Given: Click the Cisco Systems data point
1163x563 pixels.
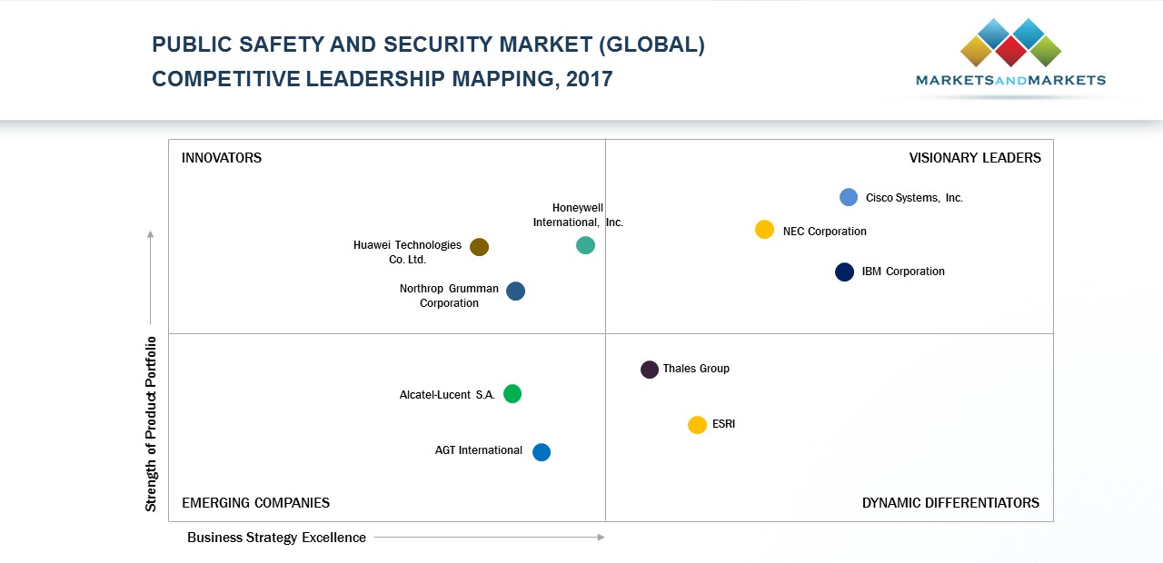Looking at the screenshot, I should coord(849,197).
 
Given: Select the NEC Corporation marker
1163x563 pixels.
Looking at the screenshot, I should coord(765,230).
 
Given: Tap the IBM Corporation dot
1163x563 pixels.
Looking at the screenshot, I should coord(845,272).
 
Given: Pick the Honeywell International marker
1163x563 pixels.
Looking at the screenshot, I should coord(586,245).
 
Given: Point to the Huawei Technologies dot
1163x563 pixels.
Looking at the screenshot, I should coord(480,247).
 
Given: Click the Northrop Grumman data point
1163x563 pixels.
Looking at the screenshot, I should coord(515,291).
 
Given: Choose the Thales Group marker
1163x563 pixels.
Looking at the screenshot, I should coord(650,370).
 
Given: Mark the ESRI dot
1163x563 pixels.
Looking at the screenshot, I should coord(697,425).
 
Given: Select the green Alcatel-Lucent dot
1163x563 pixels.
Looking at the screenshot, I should coord(512,394).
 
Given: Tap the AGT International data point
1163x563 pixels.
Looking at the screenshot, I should coord(542,452).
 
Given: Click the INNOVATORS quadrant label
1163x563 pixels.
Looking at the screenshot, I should coord(222,158).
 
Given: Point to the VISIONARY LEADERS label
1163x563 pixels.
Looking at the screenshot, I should coord(975,158).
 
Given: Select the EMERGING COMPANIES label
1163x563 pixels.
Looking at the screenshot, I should coord(255,503).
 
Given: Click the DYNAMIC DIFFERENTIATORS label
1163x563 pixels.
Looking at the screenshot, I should coord(950,503).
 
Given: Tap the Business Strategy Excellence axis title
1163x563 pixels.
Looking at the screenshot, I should coord(276,538).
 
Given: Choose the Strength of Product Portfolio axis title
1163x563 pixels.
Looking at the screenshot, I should coord(151,424).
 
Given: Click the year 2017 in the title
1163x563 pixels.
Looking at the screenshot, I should coord(589,79).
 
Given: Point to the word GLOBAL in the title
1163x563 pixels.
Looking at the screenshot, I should coord(656,44).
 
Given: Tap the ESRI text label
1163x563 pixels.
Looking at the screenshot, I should coord(723,424).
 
